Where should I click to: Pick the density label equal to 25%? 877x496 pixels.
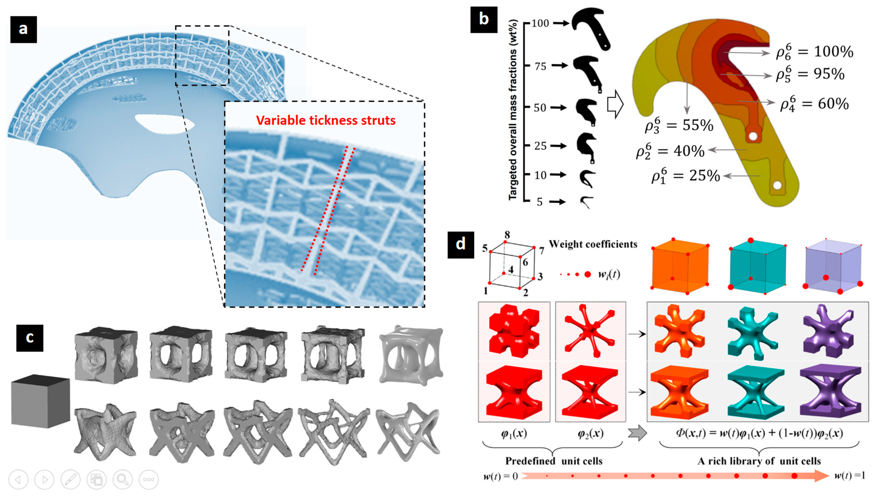point(686,176)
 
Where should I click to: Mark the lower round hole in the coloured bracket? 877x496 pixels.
point(777,185)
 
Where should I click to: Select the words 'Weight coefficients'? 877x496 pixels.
point(593,244)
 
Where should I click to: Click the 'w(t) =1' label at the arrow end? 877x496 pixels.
point(849,475)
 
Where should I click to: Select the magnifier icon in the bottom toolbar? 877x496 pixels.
point(122,479)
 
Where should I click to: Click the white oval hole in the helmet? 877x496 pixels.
point(164,123)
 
